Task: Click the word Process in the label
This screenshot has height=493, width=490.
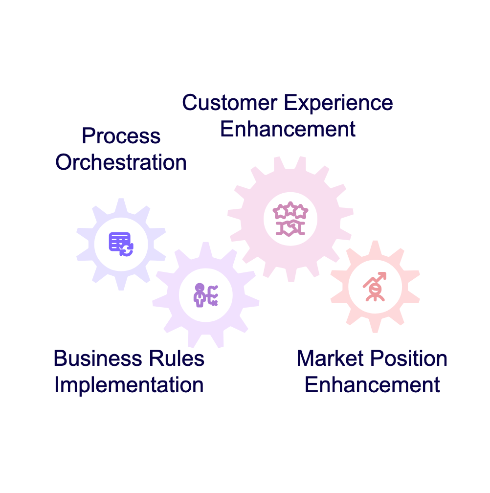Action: coord(121,136)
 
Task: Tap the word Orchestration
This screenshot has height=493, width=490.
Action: coord(121,162)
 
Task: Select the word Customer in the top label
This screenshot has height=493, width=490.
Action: coord(230,103)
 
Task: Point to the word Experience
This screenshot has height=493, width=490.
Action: coord(338,103)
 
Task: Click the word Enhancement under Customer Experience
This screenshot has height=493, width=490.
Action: coord(288,129)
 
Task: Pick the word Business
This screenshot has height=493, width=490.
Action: coord(98,359)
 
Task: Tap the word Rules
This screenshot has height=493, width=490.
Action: coord(177,359)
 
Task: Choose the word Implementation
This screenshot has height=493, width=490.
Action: coord(129,385)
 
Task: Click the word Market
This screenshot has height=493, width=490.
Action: coord(330,359)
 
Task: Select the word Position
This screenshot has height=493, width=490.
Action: coord(409,359)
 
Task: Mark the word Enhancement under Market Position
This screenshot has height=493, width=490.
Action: coord(372,385)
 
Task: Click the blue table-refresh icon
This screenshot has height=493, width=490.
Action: coord(121,245)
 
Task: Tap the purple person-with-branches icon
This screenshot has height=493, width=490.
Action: coord(206,295)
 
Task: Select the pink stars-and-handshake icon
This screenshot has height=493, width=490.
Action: coord(290,219)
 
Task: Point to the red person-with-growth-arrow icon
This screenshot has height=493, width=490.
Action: coord(375,287)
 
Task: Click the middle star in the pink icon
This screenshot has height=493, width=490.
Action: coord(290,208)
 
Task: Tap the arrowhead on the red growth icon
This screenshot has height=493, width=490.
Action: coord(383,275)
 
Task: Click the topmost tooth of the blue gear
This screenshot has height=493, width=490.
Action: coord(121,205)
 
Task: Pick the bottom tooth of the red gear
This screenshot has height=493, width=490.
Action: coord(375,325)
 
